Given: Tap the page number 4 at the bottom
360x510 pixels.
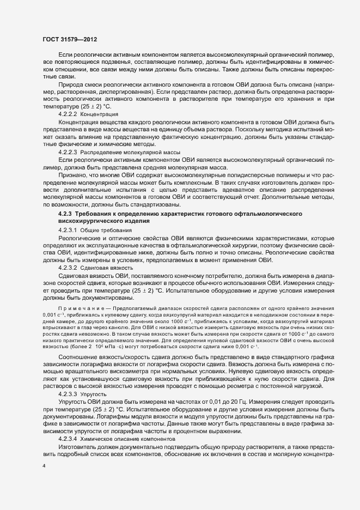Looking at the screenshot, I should pos(44,466).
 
